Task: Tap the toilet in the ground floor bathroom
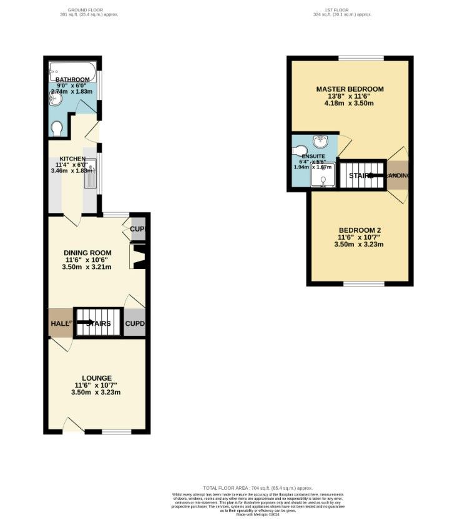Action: click(57, 128)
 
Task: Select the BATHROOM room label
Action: click(72, 80)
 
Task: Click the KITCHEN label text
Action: click(72, 159)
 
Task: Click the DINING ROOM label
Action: click(88, 253)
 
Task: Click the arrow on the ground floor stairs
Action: click(86, 323)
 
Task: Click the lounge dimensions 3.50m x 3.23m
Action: click(95, 393)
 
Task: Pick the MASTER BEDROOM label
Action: click(350, 89)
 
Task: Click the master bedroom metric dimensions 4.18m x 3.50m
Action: click(349, 104)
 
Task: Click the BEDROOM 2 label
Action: click(359, 230)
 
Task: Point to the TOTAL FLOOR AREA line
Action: click(258, 487)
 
